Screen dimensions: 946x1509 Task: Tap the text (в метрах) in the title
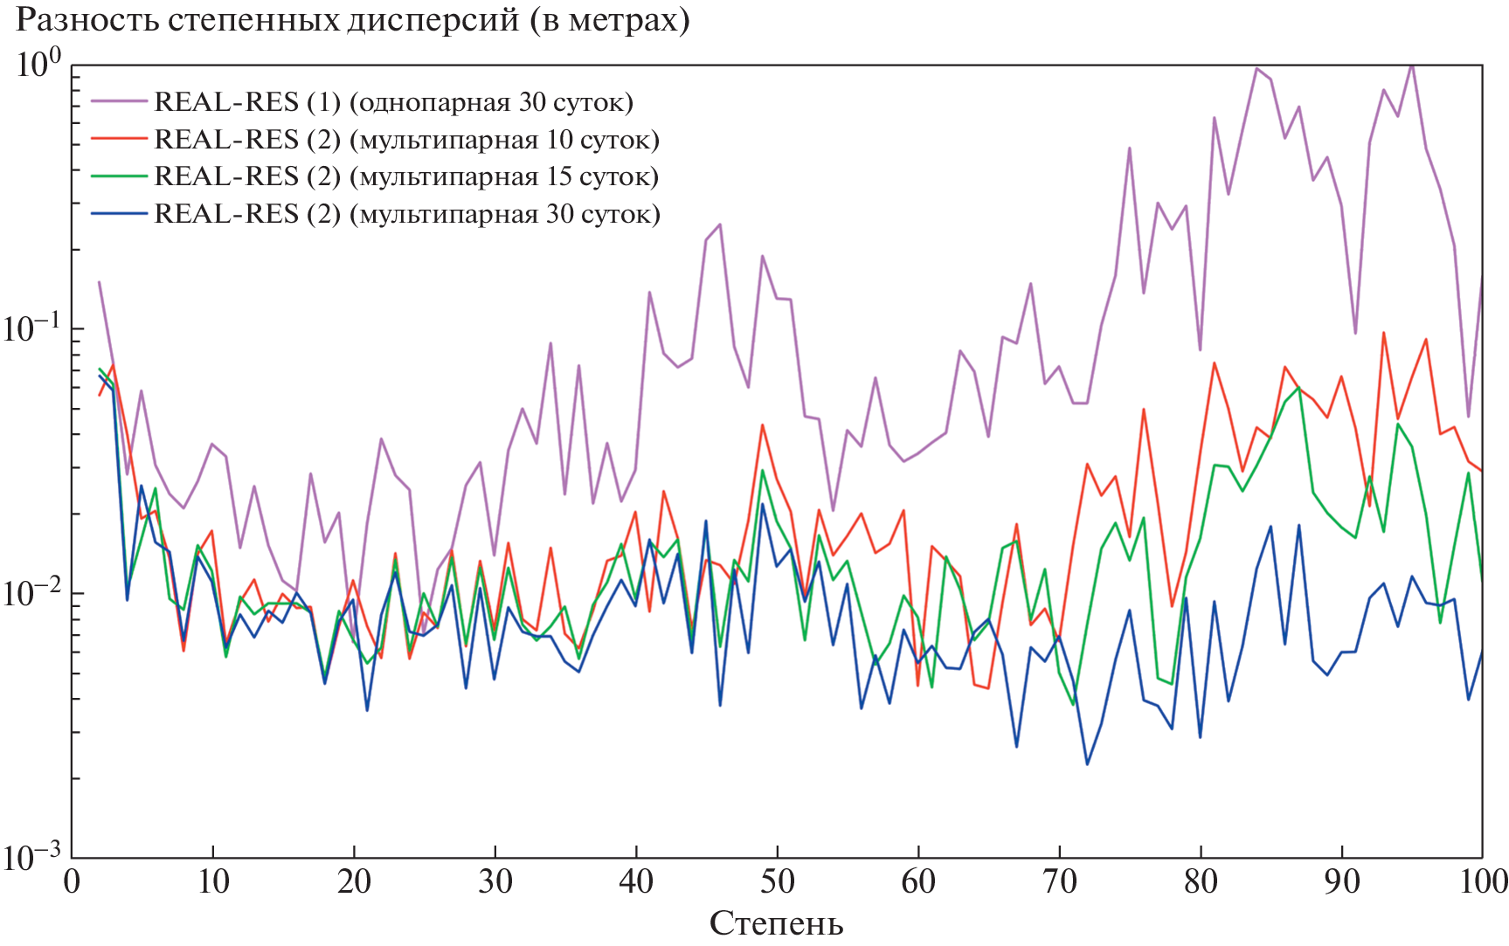[x=608, y=20]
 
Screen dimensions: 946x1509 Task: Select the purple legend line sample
[x=119, y=101]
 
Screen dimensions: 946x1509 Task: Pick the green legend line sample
[x=119, y=176]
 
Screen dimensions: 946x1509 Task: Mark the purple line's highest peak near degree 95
[x=1412, y=65]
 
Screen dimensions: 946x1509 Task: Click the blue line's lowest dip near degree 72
[x=1087, y=764]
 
